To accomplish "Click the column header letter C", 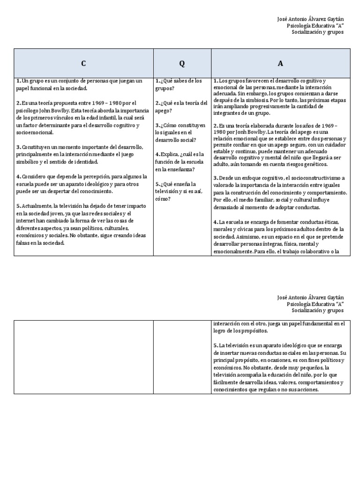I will [83, 63].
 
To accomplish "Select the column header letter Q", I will [182, 63].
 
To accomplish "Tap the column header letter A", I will [280, 63].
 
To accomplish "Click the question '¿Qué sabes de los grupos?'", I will [178, 84].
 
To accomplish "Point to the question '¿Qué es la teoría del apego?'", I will [181, 106].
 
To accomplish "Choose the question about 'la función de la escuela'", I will [180, 162].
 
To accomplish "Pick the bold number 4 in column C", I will [18, 177].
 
